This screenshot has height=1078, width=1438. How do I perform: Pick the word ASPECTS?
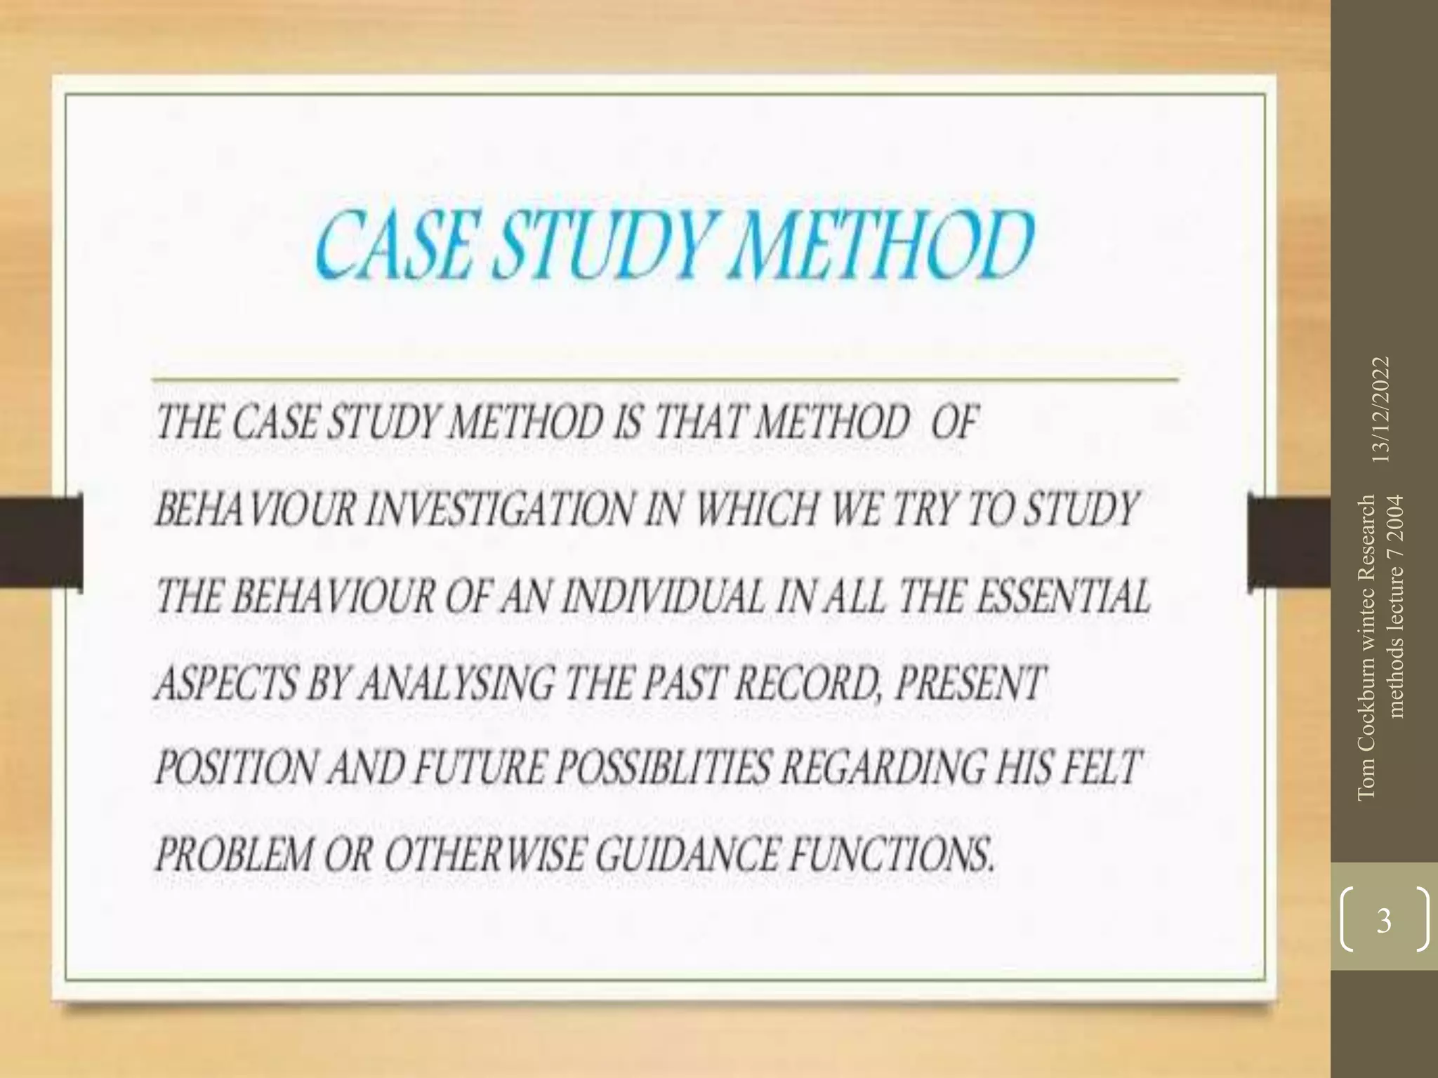pyautogui.click(x=224, y=683)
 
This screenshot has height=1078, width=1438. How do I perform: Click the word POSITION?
pyautogui.click(x=234, y=767)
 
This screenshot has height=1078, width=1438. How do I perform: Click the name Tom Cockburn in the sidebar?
pyautogui.click(x=1366, y=737)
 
